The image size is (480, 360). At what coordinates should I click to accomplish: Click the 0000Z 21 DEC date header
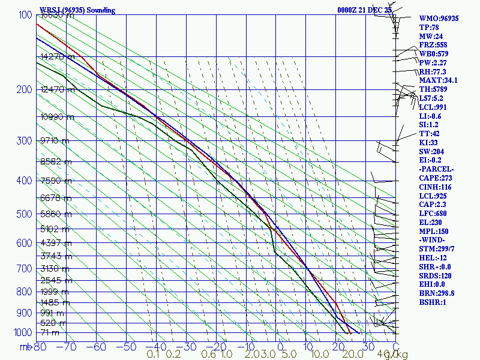pos(365,10)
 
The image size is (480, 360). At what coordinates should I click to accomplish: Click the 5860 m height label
pos(55,214)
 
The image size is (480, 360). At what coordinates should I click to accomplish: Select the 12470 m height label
pos(58,90)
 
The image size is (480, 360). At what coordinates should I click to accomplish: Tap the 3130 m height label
pos(55,268)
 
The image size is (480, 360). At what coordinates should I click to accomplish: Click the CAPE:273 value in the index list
pos(436,178)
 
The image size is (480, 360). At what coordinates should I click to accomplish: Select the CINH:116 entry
pos(436,187)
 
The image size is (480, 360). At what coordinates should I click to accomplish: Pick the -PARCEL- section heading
pos(436,169)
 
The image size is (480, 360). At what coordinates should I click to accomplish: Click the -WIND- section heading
pos(433,240)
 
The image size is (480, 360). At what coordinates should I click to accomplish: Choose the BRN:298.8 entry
pos(437,293)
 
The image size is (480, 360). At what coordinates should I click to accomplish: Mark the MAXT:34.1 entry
pos(438,80)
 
